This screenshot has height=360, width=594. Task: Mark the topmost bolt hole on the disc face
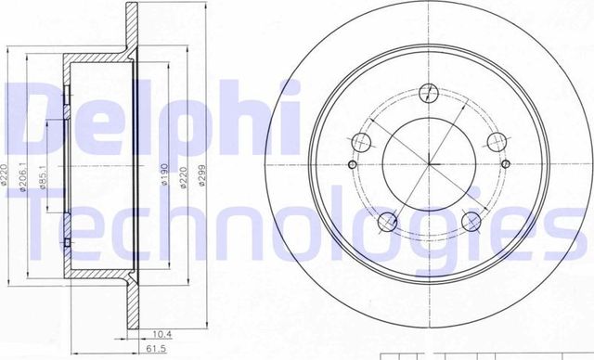[430, 93]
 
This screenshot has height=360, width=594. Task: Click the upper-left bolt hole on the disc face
[362, 143]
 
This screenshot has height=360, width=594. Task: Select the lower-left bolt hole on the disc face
[388, 222]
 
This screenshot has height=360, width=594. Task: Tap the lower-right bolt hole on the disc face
[472, 222]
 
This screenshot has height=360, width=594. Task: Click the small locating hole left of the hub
[351, 164]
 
